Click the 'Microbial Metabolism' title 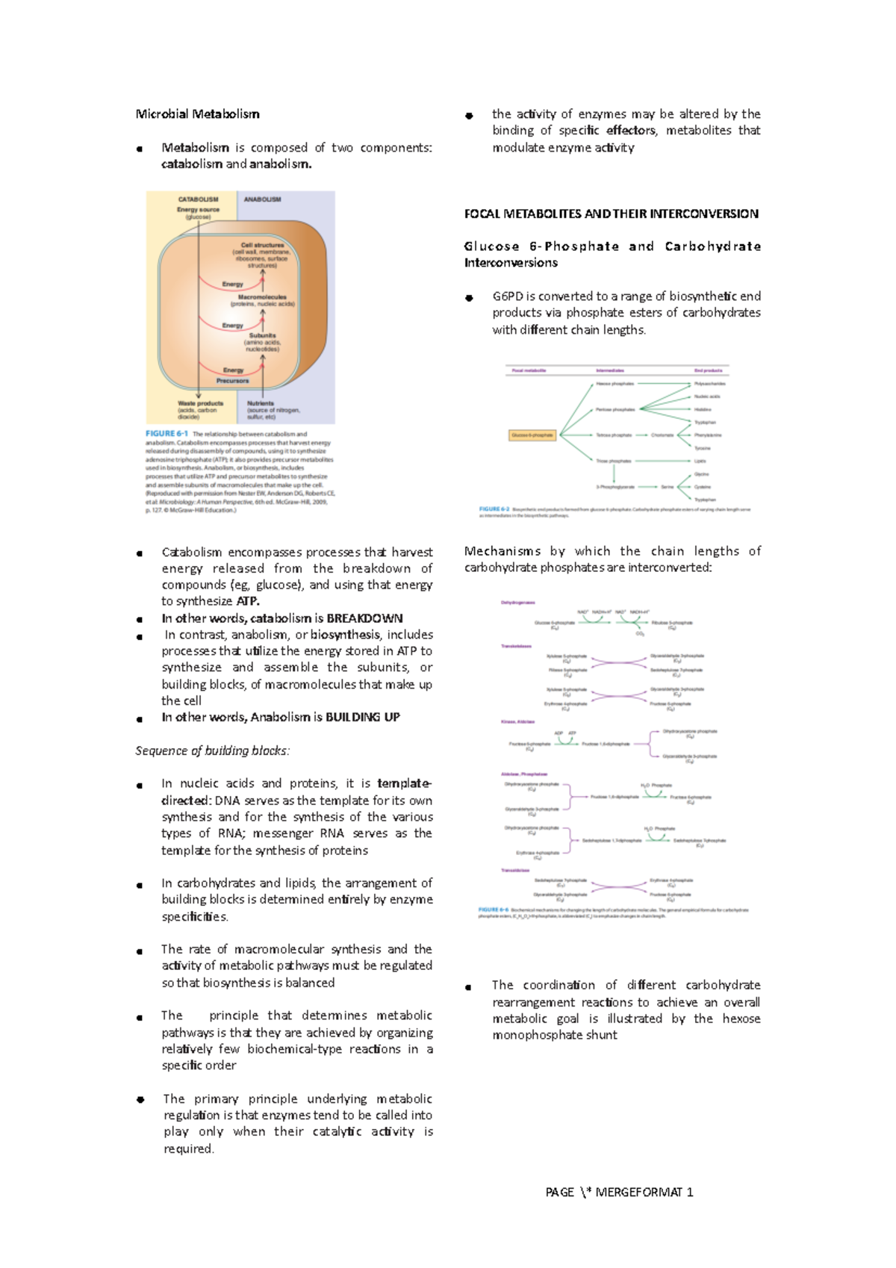(197, 114)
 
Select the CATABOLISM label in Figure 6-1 (198, 199)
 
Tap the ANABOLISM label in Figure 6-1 (262, 199)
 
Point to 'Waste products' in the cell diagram (200, 403)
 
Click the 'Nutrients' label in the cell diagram (261, 403)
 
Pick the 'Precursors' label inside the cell (232, 381)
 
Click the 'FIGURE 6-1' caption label (166, 434)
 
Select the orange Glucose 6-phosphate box (532, 435)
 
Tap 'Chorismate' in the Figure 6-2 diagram (662, 435)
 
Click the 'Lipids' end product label (700, 461)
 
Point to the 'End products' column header (708, 370)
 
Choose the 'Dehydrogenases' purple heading (517, 602)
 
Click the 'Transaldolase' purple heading (515, 870)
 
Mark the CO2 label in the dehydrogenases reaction (640, 634)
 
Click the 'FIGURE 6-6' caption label (493, 910)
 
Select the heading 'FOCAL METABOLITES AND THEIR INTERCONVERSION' (611, 214)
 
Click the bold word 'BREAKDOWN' (364, 618)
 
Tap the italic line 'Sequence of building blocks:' (212, 750)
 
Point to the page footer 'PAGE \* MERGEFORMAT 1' (619, 1192)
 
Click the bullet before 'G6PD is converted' (469, 298)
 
